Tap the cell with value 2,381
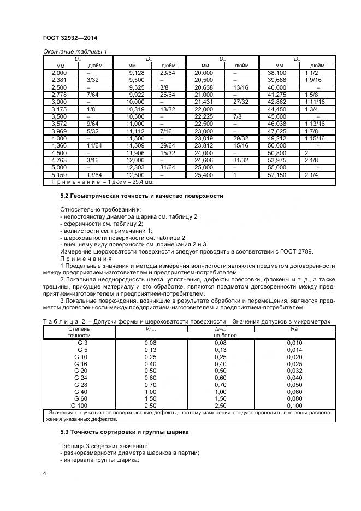pos(59,79)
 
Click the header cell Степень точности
pos(79,332)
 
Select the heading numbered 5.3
pos(124,432)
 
